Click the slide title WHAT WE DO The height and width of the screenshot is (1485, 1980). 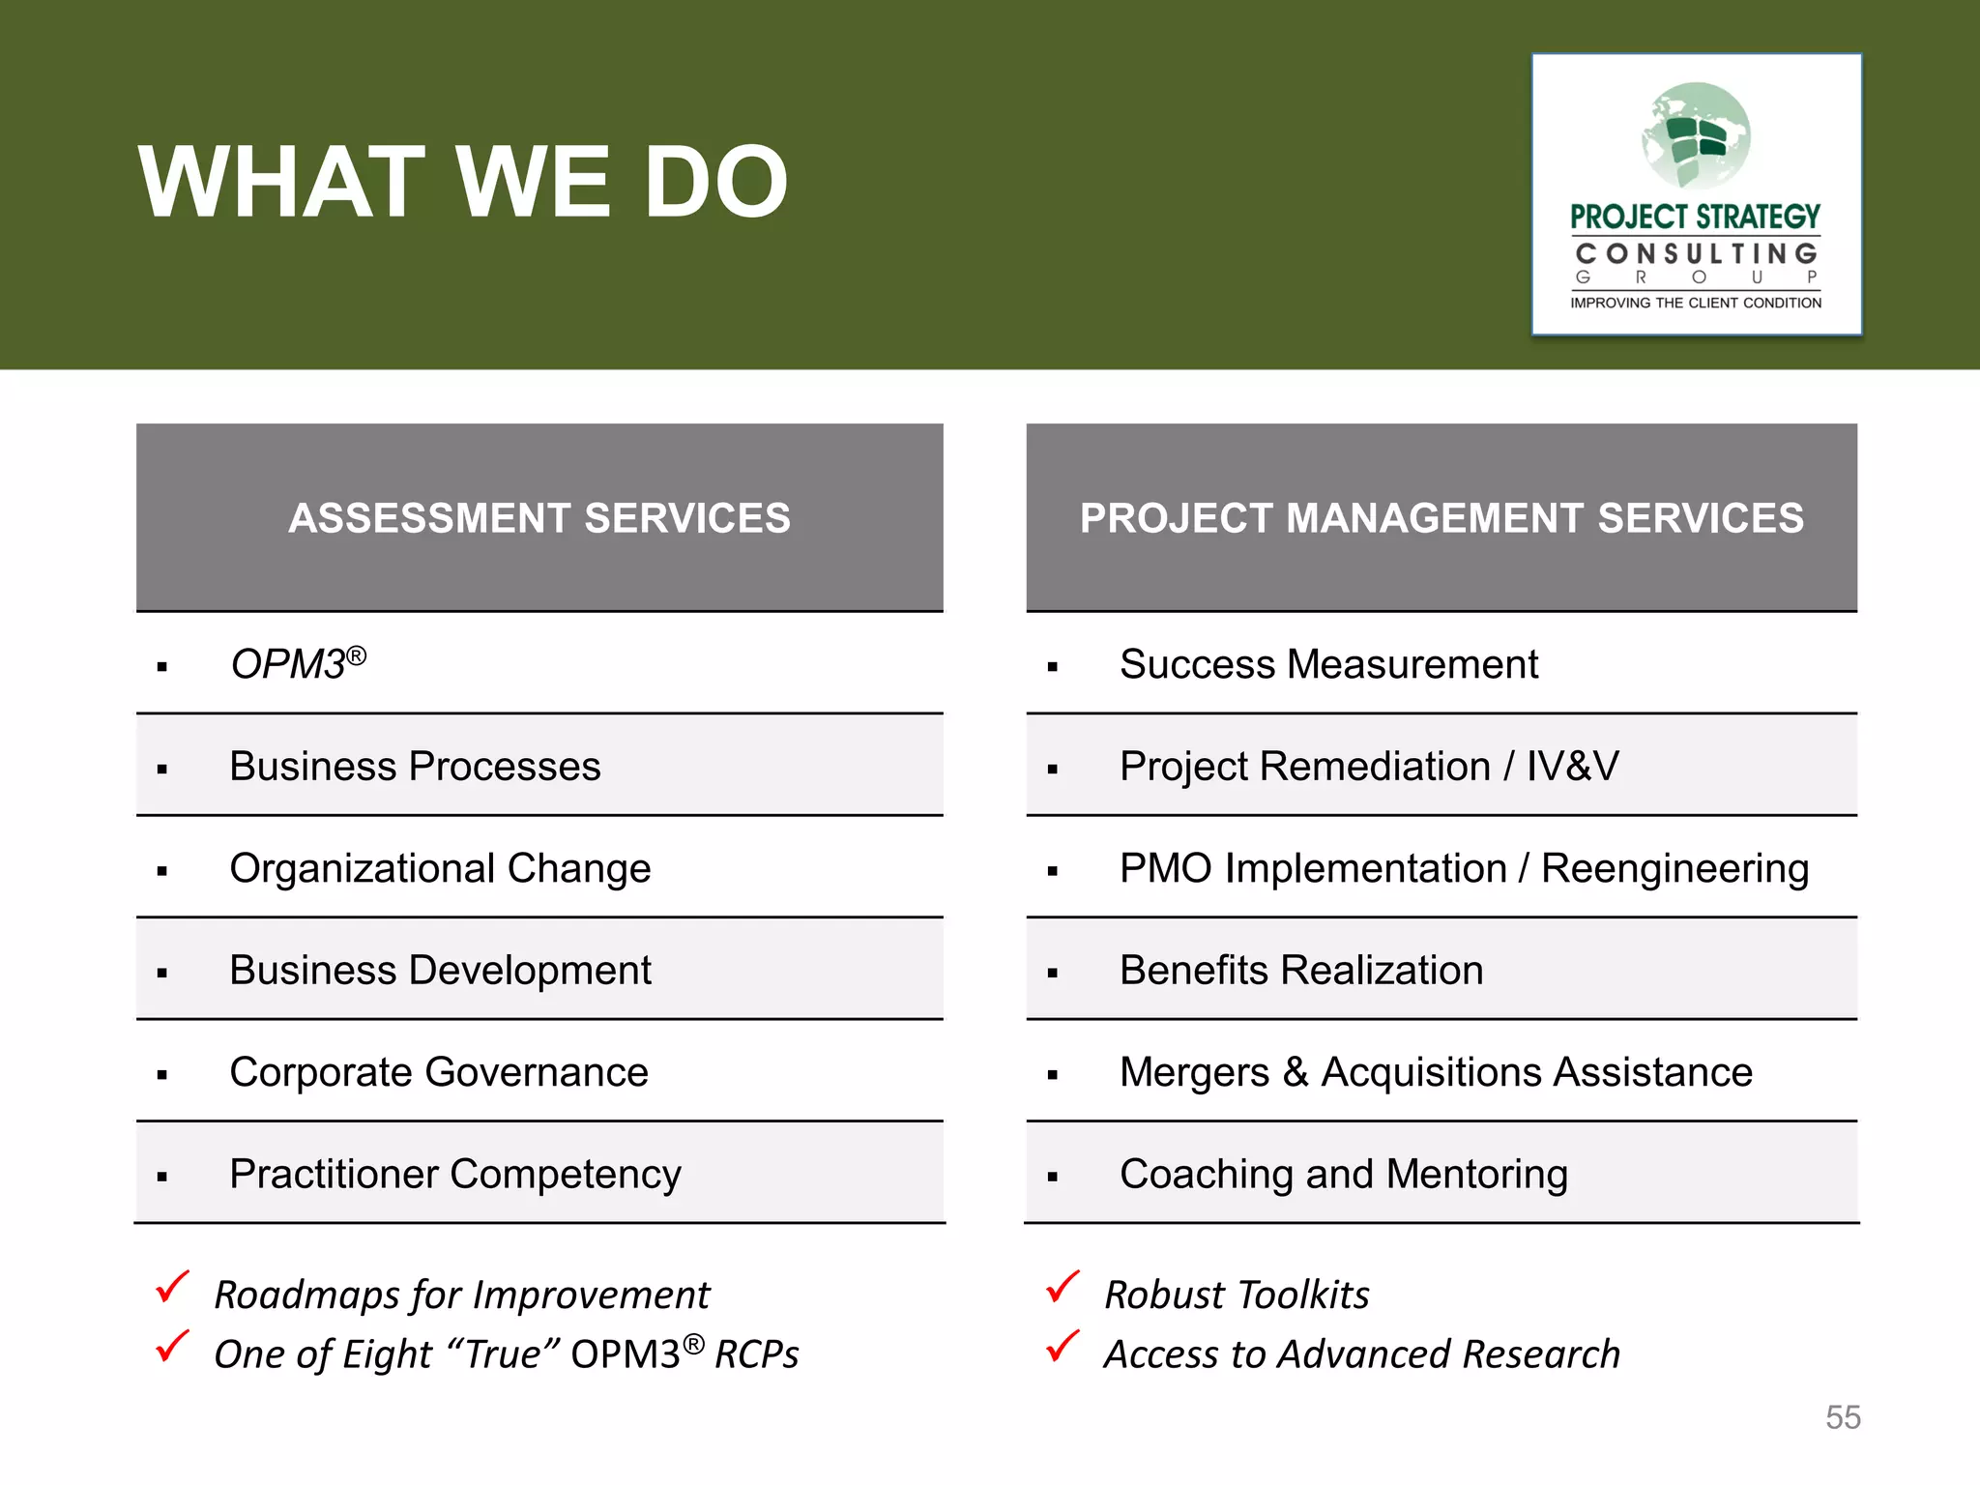(463, 182)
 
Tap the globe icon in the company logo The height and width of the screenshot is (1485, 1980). (1696, 135)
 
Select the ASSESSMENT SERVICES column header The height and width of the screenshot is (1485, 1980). (539, 518)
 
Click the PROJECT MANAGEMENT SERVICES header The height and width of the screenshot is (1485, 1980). (1441, 518)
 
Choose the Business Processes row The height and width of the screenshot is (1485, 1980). (415, 767)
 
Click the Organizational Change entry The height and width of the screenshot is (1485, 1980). (440, 868)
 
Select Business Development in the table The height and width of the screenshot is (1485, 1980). (440, 970)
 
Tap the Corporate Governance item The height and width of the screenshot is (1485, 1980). (438, 1072)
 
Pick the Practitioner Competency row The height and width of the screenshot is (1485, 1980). (454, 1175)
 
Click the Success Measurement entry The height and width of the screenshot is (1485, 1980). (1328, 664)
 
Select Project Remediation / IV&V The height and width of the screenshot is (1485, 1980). (1368, 767)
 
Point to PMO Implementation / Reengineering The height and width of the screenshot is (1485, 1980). (1464, 868)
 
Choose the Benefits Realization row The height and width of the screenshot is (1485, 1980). (1301, 970)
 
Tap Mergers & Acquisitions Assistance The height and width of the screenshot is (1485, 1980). (1436, 1072)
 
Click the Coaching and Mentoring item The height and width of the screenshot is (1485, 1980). (1343, 1175)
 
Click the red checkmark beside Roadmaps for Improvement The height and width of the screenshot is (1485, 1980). (172, 1288)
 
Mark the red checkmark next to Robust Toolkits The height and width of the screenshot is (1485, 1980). (1063, 1288)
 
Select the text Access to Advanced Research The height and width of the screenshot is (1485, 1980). (1361, 1354)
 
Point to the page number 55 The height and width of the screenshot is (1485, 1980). (1843, 1417)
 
